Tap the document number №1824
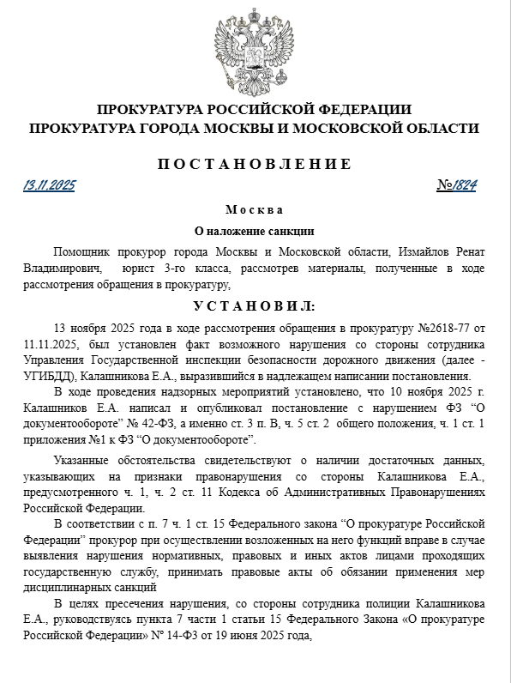pyautogui.click(x=456, y=185)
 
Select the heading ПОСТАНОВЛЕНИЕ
pyautogui.click(x=255, y=164)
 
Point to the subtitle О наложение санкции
pyautogui.click(x=255, y=231)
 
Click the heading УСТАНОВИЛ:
pyautogui.click(x=255, y=305)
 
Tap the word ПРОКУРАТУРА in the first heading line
pyautogui.click(x=147, y=110)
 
